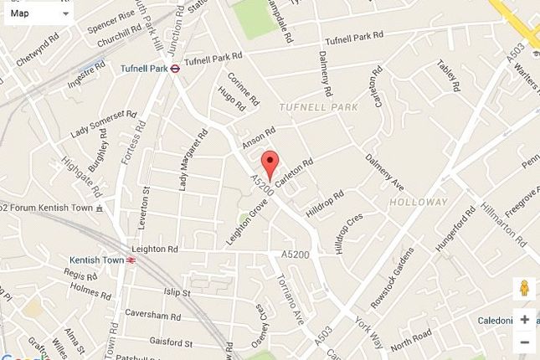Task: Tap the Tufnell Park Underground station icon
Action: tap(175, 69)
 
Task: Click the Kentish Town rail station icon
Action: tap(131, 260)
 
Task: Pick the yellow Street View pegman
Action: tap(524, 287)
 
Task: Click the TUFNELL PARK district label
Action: tap(318, 108)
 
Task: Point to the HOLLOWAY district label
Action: tap(419, 202)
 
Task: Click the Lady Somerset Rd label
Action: tap(103, 122)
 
